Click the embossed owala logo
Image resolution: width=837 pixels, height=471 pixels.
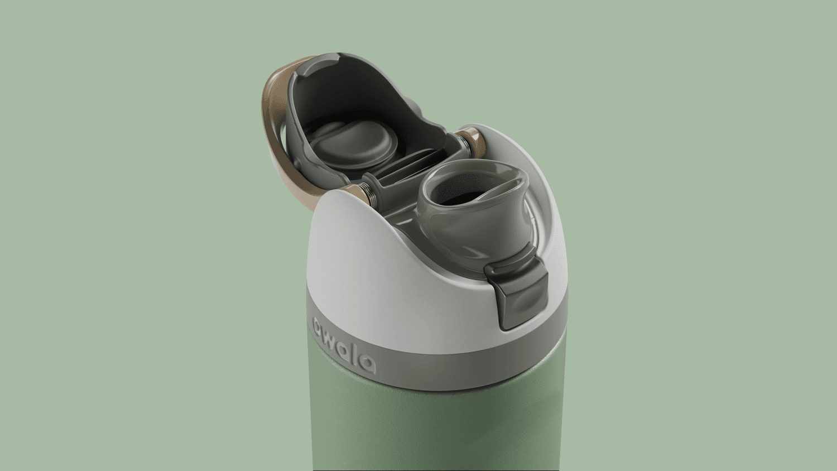[343, 347]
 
